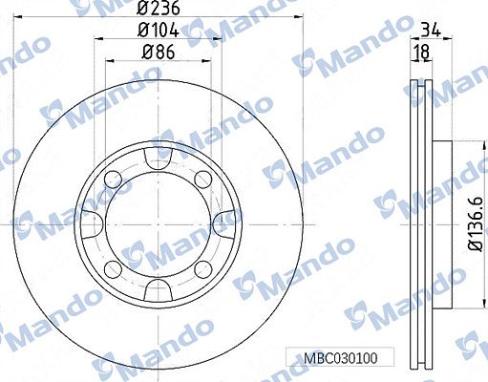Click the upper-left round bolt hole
point(114,176)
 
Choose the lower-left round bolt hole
point(114,268)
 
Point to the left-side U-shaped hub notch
point(91,222)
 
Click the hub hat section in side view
point(441,222)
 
